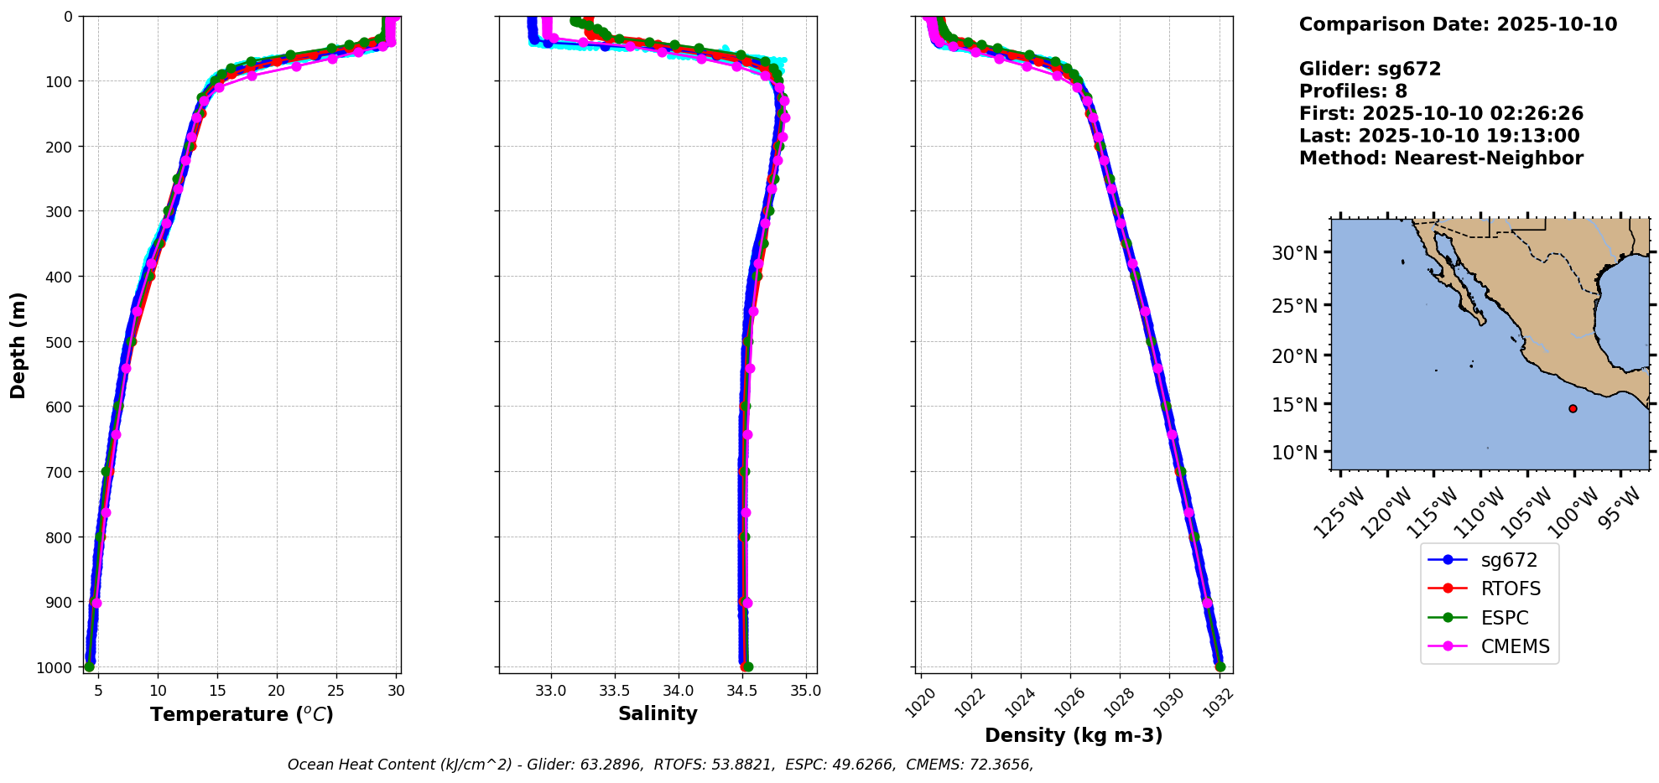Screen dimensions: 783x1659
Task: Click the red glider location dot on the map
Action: (x=1573, y=408)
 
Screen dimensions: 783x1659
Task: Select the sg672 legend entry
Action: (x=1509, y=560)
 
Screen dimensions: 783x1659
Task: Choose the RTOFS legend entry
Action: (x=1511, y=589)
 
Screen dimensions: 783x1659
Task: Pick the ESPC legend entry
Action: (x=1505, y=618)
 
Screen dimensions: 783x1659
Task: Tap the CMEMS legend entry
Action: (x=1515, y=647)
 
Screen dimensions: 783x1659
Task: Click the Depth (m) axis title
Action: (x=18, y=345)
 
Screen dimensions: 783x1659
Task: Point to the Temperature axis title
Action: (x=242, y=714)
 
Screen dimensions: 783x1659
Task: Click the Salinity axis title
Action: (x=658, y=713)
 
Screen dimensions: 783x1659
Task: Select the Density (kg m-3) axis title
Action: (x=1074, y=735)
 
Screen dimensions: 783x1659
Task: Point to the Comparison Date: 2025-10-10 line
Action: (x=1458, y=24)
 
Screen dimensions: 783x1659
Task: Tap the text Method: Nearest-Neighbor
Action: (x=1441, y=158)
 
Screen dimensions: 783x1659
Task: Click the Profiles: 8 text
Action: (x=1353, y=91)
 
